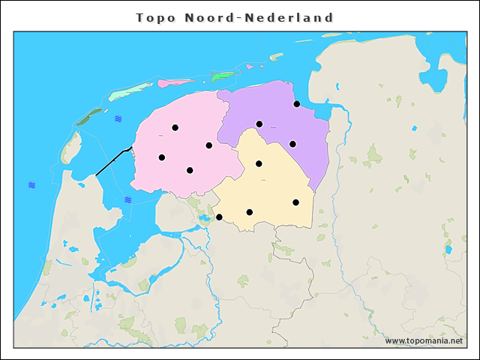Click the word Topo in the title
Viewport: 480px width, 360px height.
155,17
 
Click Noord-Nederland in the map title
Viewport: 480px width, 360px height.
258,17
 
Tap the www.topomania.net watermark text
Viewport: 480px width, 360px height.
423,341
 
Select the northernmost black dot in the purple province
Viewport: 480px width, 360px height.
296,104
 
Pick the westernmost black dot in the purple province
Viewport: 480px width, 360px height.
259,124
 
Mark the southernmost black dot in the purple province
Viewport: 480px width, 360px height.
292,144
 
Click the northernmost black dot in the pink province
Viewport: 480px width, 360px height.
175,127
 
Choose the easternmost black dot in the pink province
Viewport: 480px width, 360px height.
208,145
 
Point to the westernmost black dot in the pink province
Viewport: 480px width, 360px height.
161,157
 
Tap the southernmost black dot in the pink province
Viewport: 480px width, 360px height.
190,170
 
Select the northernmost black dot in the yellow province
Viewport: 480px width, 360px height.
259,163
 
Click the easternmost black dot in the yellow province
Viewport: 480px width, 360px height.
295,202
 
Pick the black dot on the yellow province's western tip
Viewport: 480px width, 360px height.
219,217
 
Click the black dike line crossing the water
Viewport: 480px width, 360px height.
112,162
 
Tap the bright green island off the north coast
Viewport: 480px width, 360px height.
223,75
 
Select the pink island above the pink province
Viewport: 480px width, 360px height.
176,82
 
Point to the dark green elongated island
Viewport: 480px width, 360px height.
89,116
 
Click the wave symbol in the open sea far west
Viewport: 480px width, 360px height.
31,184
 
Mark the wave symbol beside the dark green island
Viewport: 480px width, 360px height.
118,118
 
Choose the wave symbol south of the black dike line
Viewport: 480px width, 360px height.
128,199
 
